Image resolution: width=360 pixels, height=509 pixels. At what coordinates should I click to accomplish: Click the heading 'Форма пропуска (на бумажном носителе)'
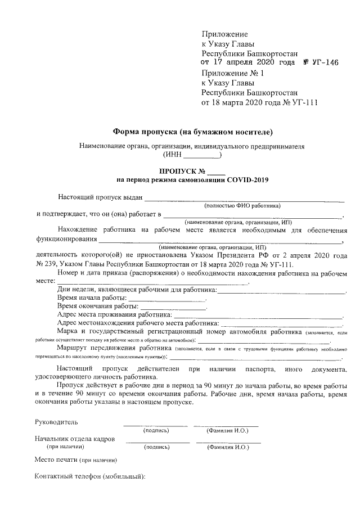[193, 132]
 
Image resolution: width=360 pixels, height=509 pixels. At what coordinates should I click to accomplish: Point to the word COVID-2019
[247, 180]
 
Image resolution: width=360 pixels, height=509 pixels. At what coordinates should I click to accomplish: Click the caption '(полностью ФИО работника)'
[242, 206]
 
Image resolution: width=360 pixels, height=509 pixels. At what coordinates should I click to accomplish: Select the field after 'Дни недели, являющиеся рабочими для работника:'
[282, 290]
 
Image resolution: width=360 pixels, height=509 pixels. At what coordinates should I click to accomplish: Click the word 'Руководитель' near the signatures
[56, 422]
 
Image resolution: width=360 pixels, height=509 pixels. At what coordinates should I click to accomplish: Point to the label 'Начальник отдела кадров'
[75, 439]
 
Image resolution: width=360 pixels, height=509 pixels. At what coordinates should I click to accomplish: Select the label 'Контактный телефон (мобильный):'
[90, 476]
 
